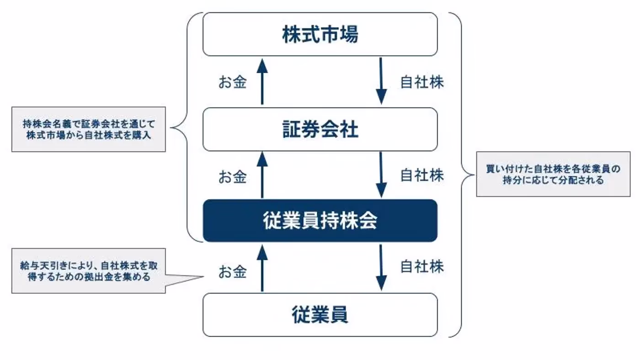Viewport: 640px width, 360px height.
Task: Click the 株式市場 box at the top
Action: (x=320, y=35)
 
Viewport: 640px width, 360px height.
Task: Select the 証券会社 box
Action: (x=320, y=130)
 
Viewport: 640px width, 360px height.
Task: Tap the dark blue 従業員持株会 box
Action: (x=320, y=221)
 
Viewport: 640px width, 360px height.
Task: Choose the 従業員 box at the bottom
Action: (x=320, y=315)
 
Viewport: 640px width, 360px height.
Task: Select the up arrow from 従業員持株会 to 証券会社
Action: (x=262, y=175)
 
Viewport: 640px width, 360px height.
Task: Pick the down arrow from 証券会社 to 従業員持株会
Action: (x=381, y=175)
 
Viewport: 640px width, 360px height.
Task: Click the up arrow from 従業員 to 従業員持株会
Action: (x=262, y=268)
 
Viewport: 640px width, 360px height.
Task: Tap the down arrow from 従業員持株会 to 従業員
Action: (x=381, y=268)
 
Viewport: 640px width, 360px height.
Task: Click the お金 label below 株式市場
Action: (x=232, y=83)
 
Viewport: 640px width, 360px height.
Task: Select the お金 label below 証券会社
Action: (x=232, y=177)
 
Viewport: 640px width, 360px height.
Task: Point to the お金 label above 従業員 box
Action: (x=232, y=272)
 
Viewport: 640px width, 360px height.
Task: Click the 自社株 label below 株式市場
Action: (x=421, y=83)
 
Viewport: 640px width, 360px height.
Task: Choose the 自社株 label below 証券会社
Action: (x=421, y=175)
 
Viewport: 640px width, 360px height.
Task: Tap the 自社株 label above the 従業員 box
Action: (x=421, y=266)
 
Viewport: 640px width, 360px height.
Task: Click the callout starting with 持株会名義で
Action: (x=88, y=129)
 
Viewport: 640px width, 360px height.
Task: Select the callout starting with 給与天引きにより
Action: (x=88, y=271)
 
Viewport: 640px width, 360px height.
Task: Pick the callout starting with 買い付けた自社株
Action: (x=553, y=174)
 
